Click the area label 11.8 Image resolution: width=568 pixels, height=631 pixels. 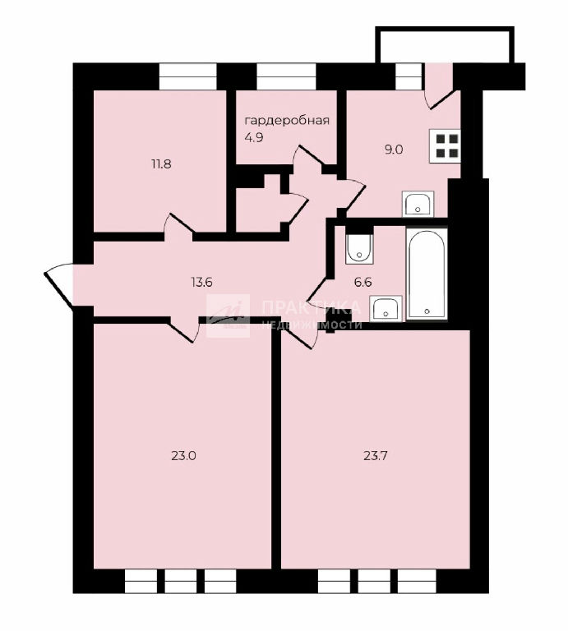click(161, 164)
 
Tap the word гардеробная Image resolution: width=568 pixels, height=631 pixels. click(287, 120)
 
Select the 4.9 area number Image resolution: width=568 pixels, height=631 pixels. click(254, 138)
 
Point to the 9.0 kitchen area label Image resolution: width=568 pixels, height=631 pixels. click(394, 150)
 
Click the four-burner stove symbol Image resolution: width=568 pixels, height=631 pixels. click(445, 146)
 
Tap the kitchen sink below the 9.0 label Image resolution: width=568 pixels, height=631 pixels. click(418, 204)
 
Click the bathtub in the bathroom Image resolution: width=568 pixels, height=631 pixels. click(427, 274)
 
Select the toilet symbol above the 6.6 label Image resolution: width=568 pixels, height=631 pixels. click(359, 246)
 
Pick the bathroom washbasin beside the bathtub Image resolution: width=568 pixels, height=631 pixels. click(386, 308)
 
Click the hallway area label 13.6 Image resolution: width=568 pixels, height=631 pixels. click(201, 282)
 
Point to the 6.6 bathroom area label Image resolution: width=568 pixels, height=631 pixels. click(363, 282)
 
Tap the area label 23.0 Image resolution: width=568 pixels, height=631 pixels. click(183, 456)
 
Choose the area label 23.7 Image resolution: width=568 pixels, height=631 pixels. click(376, 456)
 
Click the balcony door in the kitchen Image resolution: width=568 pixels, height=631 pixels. click(441, 85)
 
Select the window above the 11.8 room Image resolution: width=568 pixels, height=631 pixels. click(188, 76)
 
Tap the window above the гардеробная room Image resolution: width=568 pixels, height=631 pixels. click(286, 76)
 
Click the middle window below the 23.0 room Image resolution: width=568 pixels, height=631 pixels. click(180, 581)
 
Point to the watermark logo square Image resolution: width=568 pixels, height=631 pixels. click(229, 315)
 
